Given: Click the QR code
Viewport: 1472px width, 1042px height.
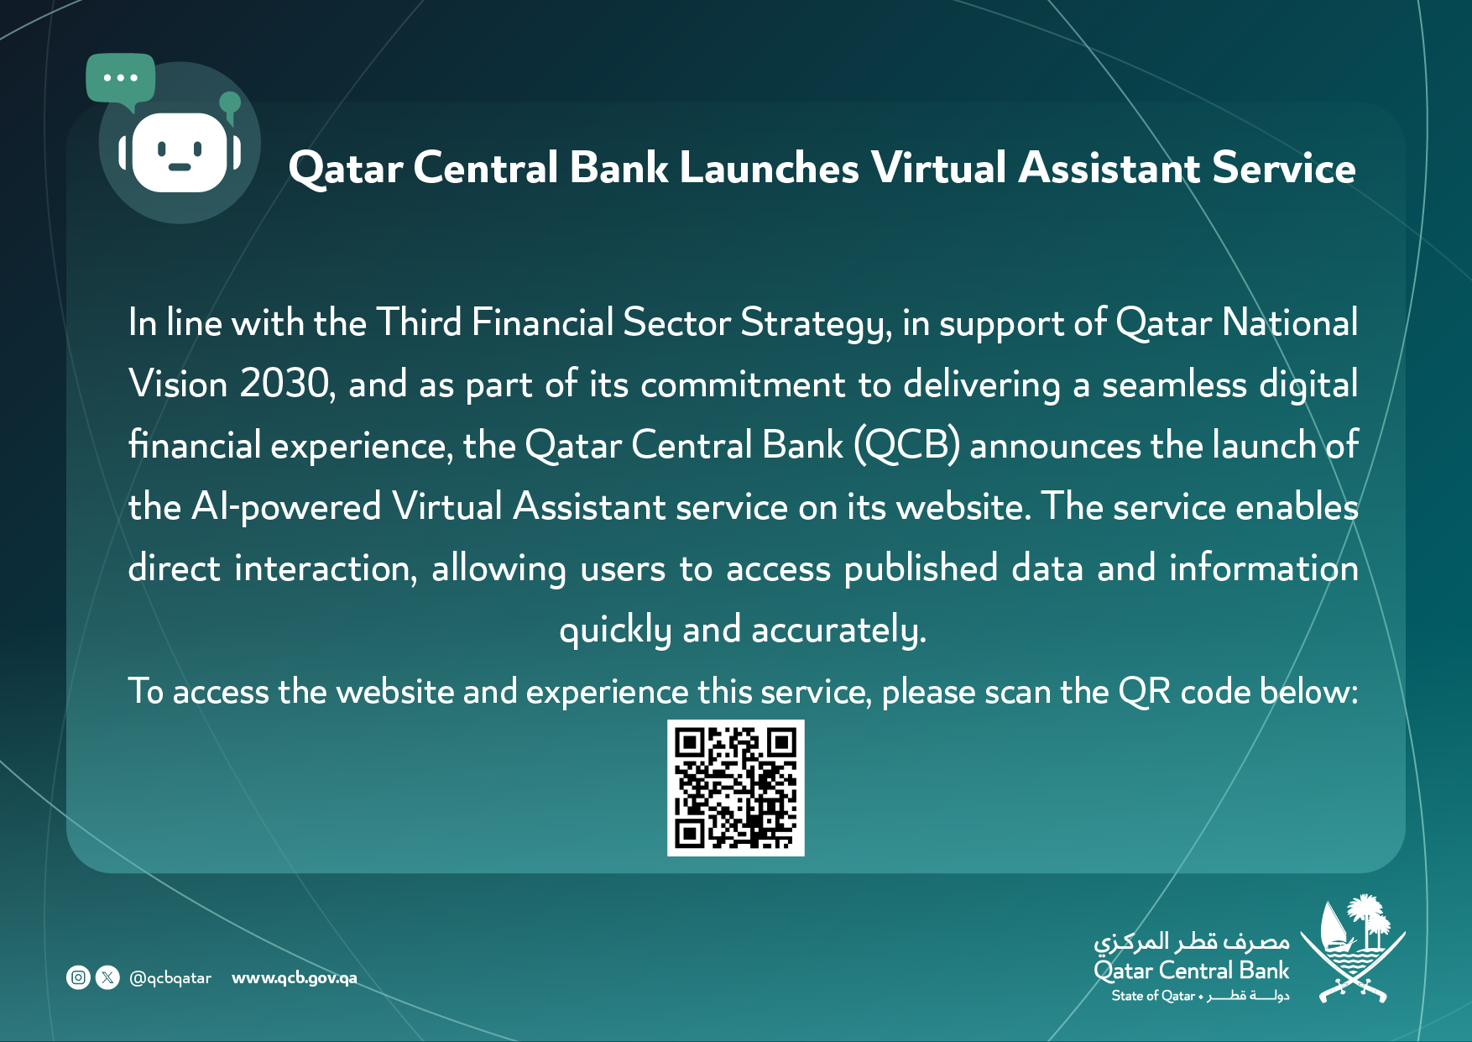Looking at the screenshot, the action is coord(736,788).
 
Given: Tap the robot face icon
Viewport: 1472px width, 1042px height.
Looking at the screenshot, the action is coord(180,152).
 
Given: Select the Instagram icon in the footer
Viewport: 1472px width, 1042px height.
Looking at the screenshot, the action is coord(78,977).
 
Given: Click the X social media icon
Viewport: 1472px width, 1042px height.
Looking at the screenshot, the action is coord(108,977).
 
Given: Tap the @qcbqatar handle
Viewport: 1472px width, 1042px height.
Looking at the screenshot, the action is coord(170,978).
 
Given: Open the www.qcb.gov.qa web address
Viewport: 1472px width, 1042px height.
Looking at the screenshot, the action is coord(295,978).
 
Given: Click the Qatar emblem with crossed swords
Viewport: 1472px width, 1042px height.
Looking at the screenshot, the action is coord(1353,949).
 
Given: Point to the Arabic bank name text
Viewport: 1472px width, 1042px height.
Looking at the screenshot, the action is coord(1192,940).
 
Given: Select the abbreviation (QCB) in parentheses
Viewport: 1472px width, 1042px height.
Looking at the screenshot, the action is coord(907,445).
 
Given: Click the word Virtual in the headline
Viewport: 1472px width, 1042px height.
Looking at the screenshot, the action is coord(939,167).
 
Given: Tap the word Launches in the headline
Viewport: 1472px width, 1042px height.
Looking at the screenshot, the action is coord(770,167).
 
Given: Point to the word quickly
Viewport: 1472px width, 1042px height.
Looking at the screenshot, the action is coord(616,631).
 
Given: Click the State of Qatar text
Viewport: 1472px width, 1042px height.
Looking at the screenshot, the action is coord(1153,996).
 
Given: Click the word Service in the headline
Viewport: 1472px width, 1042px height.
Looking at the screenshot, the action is coord(1284,167).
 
